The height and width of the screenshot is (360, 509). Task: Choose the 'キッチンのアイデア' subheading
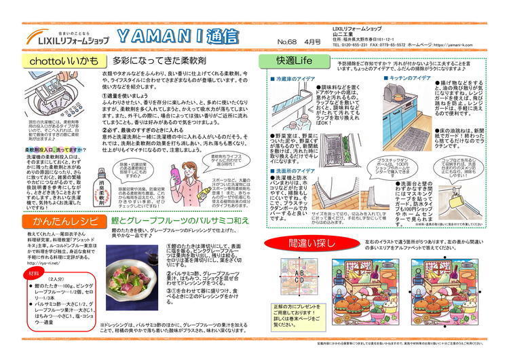(x=408, y=78)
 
